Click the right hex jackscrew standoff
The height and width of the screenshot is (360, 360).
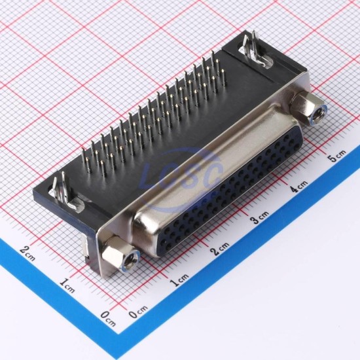(x=308, y=108)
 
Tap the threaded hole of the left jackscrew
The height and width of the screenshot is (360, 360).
(x=131, y=262)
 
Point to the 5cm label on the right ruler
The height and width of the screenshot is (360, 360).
(x=337, y=156)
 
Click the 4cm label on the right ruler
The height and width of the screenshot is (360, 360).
(x=298, y=186)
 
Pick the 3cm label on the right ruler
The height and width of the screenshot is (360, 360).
(x=259, y=217)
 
